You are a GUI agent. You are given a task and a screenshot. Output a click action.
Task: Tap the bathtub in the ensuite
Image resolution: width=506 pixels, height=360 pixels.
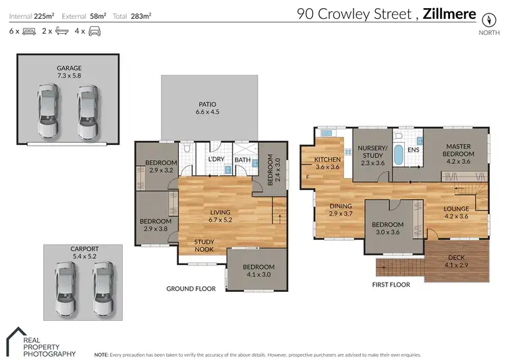click(397, 155)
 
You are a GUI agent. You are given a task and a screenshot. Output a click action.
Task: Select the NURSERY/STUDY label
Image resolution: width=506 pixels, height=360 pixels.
click(372, 152)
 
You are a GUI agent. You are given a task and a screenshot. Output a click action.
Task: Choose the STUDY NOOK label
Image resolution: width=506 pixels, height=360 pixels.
click(204, 245)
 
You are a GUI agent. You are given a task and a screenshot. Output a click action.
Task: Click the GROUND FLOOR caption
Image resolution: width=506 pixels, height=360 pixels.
click(191, 289)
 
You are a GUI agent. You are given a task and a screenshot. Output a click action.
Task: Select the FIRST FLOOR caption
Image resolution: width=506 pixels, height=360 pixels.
click(391, 284)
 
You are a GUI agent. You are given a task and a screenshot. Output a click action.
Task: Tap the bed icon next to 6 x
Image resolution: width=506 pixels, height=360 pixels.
click(29, 31)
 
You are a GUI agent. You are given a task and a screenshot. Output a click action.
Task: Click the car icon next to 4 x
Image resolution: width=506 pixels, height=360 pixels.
click(94, 31)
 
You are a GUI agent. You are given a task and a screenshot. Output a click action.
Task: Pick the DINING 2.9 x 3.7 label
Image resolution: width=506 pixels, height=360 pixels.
click(341, 209)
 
